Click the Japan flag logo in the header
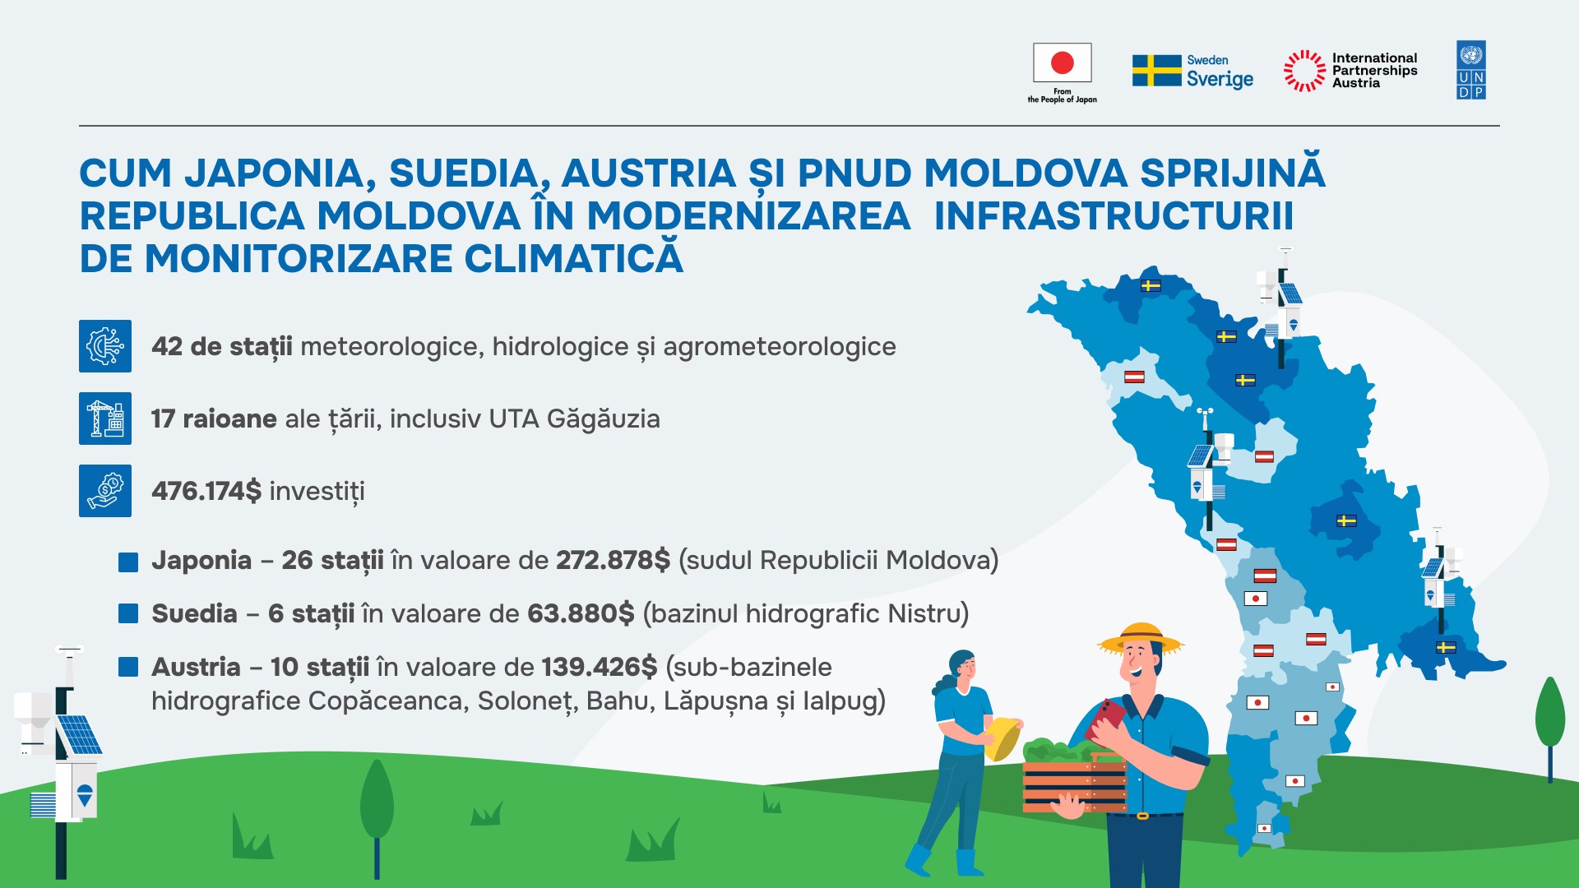1062,72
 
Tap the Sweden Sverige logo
1192,72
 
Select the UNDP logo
1470,70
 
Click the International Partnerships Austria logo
1350,71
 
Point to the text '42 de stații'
222,347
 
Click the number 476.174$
206,491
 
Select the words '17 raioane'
214,419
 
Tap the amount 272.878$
614,560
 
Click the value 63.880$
581,613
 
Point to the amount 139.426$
600,667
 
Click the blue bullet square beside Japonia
128,562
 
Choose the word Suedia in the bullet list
195,613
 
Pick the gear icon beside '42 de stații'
105,346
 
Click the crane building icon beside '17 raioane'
105,419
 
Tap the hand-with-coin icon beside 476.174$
105,491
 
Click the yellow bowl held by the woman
1002,738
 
